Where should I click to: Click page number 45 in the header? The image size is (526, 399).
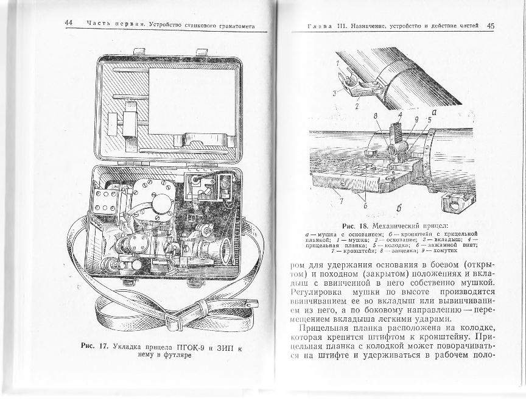tap(491, 26)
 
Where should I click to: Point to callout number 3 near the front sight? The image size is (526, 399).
tap(335, 93)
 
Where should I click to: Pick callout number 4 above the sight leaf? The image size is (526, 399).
tap(399, 115)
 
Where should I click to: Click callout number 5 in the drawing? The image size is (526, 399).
tap(430, 120)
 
